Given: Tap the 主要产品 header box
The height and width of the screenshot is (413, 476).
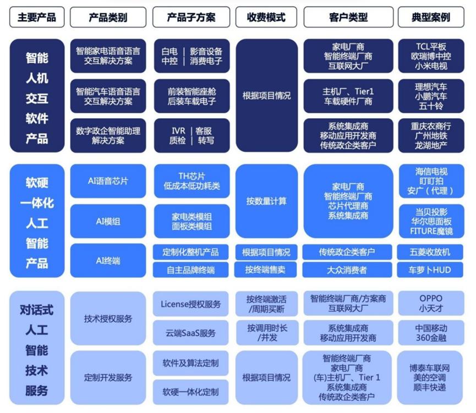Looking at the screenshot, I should (x=37, y=17).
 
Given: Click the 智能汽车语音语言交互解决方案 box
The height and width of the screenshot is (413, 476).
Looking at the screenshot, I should (x=108, y=95).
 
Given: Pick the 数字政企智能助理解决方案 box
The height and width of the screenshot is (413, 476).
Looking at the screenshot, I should (x=108, y=135).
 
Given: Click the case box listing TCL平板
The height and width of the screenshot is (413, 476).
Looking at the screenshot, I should (x=431, y=56).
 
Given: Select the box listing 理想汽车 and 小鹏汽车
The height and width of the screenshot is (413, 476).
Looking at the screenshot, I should (x=431, y=95).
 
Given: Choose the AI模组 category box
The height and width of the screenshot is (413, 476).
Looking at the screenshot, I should (x=108, y=221).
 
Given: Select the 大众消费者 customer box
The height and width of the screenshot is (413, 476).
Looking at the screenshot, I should (x=347, y=269).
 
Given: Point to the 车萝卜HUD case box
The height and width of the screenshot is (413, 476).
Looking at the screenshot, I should (x=431, y=269).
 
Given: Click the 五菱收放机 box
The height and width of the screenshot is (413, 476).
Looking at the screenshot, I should (x=431, y=252).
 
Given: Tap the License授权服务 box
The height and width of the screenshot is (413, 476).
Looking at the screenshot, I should (x=191, y=303).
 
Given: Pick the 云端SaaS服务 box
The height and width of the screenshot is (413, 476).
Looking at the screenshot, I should (x=191, y=333).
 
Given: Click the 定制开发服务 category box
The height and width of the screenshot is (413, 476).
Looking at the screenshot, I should (x=108, y=378).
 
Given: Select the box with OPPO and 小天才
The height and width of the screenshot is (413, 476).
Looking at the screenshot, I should (x=431, y=303).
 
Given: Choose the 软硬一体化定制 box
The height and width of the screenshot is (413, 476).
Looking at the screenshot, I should (x=191, y=392).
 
